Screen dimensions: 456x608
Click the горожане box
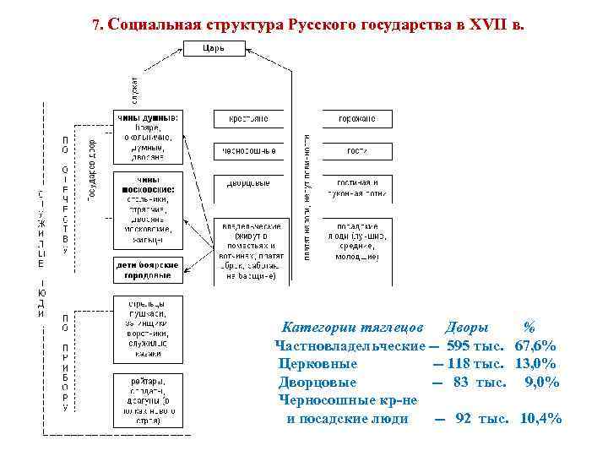pyautogui.click(x=356, y=120)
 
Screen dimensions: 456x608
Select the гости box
pyautogui.click(x=356, y=152)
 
